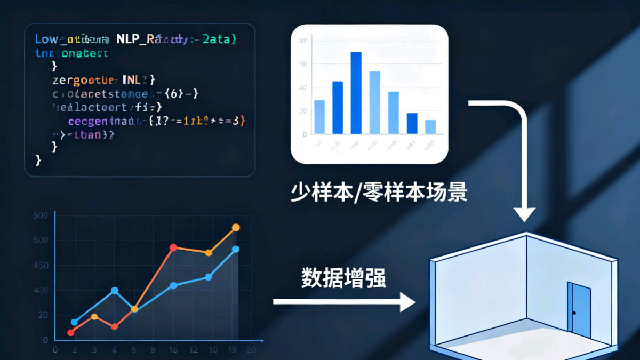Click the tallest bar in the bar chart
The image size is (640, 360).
[x=356, y=93]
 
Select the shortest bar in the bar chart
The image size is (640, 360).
[x=430, y=127]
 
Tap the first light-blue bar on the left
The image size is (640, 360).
[x=319, y=117]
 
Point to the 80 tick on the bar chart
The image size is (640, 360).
[x=304, y=41]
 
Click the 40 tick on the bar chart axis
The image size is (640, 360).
[x=304, y=87]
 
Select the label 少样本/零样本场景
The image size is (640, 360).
[x=379, y=191]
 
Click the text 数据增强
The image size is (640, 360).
[x=343, y=278]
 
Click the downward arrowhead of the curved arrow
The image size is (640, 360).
[x=525, y=215]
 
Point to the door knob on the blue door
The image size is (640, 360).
[x=574, y=312]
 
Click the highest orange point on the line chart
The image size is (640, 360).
[x=236, y=228]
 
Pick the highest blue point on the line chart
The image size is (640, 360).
[x=236, y=249]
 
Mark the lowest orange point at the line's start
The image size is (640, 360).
[x=71, y=332]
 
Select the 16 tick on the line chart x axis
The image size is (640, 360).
[x=173, y=350]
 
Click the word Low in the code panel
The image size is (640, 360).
[x=46, y=39]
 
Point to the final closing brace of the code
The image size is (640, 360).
[x=38, y=159]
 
